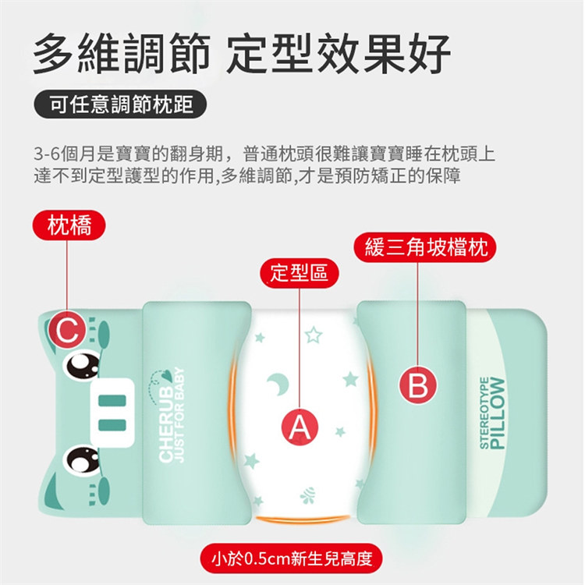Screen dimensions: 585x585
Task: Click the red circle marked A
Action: point(300,426)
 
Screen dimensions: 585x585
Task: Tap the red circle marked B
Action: point(418,385)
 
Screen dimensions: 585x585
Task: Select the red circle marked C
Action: point(68,329)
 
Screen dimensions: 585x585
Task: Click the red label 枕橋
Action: point(69,225)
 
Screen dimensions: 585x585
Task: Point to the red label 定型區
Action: point(300,273)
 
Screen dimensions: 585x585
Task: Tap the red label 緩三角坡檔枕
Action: point(425,247)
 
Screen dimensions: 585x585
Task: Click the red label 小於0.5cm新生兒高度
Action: point(292,558)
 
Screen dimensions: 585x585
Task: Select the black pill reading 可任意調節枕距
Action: point(120,104)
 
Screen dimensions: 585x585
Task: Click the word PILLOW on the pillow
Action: point(498,413)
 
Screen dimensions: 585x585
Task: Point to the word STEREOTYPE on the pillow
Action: point(484,413)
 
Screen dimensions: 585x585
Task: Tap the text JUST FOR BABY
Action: point(180,415)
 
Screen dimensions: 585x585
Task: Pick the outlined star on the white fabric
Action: point(314,335)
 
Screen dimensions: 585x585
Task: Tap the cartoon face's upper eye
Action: point(82,365)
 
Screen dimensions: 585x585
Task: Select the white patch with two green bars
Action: point(112,413)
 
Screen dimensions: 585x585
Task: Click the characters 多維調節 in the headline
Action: point(122,52)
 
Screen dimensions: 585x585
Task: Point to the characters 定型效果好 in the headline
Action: point(338,52)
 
